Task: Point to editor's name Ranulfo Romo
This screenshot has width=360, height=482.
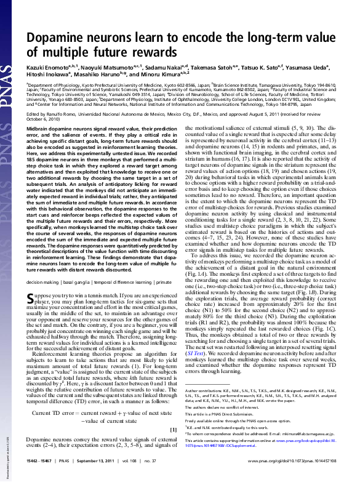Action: click(x=72, y=113)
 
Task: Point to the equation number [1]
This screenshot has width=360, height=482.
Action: click(x=173, y=428)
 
